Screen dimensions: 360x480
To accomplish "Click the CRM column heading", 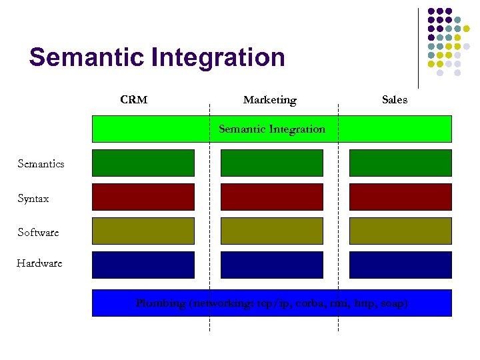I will point(133,100).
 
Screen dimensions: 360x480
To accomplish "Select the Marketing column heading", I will point(269,100).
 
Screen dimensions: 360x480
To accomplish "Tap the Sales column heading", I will point(394,100).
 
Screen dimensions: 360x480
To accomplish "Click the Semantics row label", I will point(41,163).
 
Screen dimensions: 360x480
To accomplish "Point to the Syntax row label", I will point(33,199).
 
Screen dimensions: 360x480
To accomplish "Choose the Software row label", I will point(38,232).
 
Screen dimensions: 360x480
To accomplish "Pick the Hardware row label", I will point(39,263).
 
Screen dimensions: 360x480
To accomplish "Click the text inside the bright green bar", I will point(272,129).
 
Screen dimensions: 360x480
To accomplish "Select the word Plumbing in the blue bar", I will point(161,303).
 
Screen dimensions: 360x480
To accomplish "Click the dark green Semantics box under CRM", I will point(143,163).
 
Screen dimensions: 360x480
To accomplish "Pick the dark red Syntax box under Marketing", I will point(271,197).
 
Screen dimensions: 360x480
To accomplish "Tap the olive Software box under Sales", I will point(400,231).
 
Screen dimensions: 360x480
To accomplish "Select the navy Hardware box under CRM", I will point(143,265).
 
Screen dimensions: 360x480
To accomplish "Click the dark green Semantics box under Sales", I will point(400,163).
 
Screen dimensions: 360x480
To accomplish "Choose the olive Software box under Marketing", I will point(271,231).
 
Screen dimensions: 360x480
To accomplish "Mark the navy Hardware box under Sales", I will point(400,265).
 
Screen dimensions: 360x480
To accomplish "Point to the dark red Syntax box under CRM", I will point(143,197).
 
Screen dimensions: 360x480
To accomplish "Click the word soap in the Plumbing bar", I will point(392,303).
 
